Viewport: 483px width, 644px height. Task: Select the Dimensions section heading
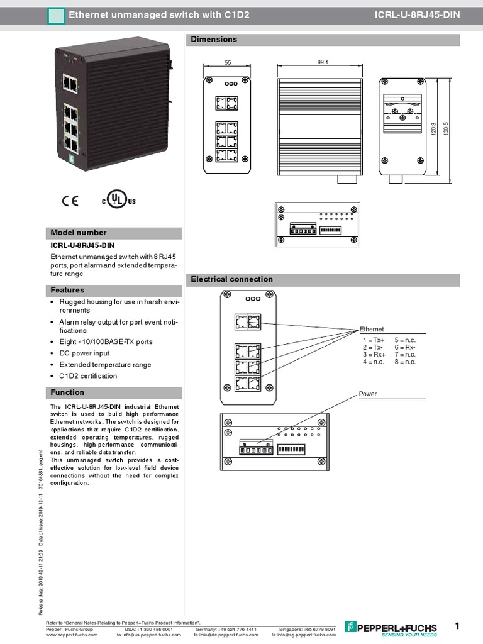point(214,40)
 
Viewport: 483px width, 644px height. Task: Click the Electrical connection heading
point(231,279)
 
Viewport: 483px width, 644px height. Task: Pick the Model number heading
point(79,233)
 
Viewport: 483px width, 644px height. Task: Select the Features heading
point(67,291)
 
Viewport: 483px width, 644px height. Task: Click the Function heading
point(67,392)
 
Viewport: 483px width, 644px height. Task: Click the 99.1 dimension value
point(324,63)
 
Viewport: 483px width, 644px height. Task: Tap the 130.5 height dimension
point(446,131)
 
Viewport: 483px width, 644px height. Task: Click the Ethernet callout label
point(371,329)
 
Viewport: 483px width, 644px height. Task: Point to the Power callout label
point(368,394)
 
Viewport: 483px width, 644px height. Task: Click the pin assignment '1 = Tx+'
point(373,340)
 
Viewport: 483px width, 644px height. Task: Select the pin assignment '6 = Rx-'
point(405,347)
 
